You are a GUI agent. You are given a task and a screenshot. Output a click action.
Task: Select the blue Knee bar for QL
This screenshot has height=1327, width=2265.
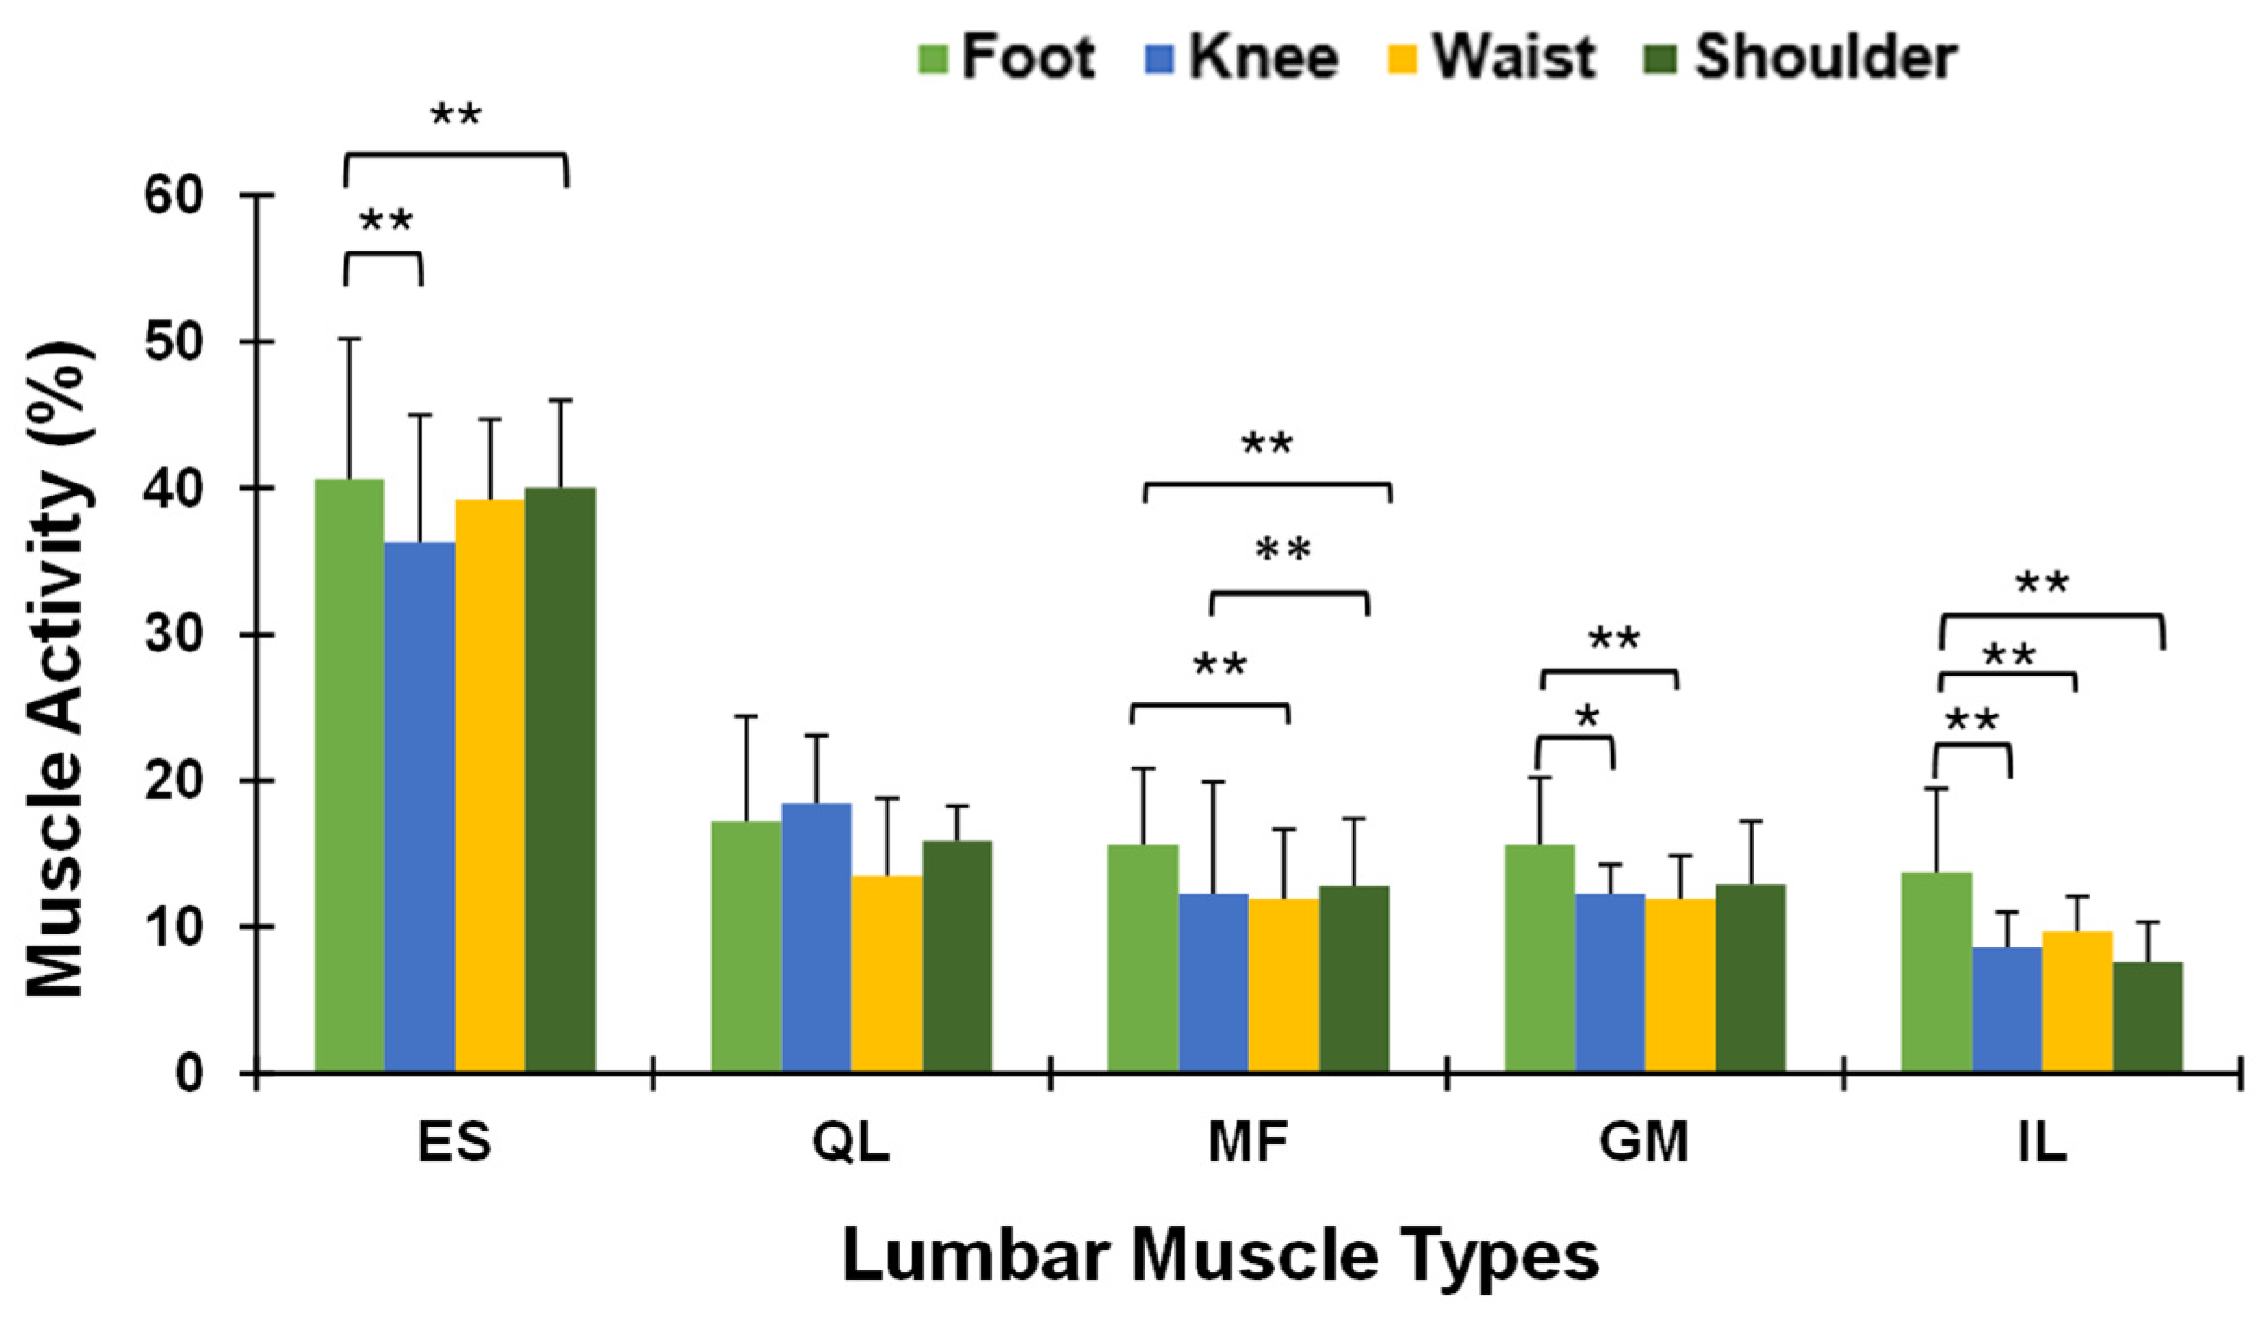pos(816,937)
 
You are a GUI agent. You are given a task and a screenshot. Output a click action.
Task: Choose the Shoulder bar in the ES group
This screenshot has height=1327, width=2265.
pos(560,779)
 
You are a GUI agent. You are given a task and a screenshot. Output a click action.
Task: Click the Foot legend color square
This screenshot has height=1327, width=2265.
pos(932,58)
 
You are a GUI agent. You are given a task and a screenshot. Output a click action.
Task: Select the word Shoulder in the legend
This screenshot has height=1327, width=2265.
pos(1825,58)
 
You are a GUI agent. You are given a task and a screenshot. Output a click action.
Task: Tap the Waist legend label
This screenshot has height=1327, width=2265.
pos(1512,58)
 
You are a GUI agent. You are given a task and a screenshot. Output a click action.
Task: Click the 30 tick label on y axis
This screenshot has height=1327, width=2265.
pos(174,635)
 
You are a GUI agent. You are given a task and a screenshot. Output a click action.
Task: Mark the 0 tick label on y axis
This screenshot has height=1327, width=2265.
pos(189,1074)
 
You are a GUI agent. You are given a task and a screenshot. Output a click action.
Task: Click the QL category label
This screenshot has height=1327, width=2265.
pos(850,1142)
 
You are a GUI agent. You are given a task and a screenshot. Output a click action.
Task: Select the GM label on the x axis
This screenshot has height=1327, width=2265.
pos(1643,1142)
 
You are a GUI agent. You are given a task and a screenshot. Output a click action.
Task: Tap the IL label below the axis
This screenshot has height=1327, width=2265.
pos(2041,1142)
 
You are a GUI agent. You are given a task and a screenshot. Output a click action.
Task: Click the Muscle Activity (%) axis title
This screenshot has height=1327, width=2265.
pos(58,668)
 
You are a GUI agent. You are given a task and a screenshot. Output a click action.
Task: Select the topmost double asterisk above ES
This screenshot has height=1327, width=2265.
pos(456,117)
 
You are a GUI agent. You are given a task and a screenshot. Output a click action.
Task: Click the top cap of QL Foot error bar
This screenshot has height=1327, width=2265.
pos(746,716)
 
